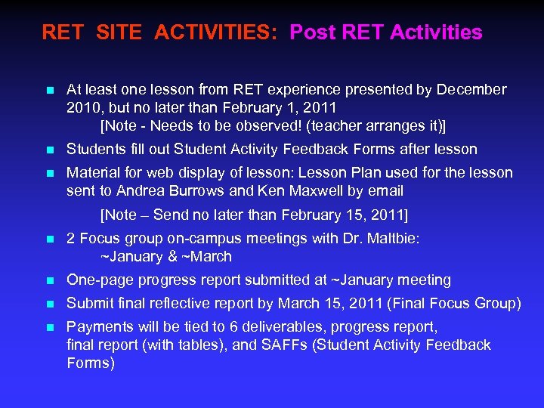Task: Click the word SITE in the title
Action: coord(122,33)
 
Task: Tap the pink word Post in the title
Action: coord(314,33)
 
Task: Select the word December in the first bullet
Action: coord(472,90)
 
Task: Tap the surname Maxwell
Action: coord(301,190)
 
